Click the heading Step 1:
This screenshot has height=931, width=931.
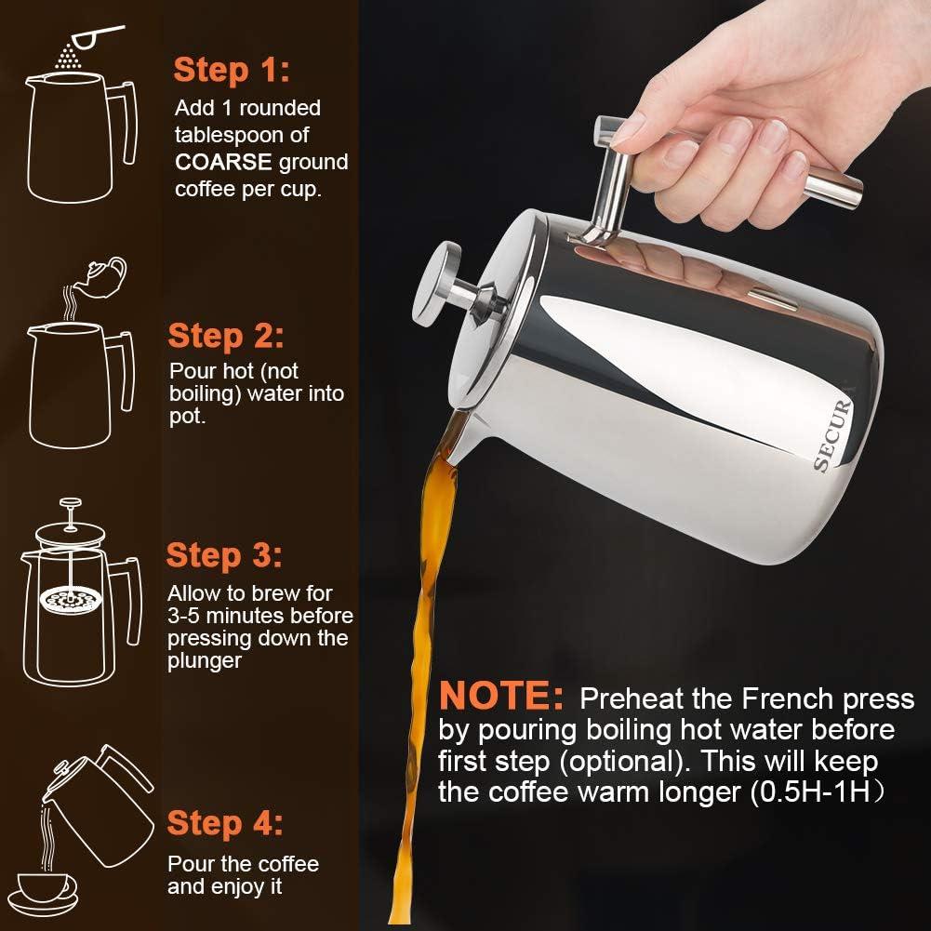pyautogui.click(x=232, y=70)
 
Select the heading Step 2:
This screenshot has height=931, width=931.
pyautogui.click(x=226, y=336)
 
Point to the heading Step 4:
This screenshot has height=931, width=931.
pyautogui.click(x=225, y=823)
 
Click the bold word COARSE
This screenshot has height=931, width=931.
pyautogui.click(x=223, y=163)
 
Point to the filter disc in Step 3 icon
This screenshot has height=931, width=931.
pyautogui.click(x=66, y=600)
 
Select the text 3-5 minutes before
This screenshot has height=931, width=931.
pyautogui.click(x=259, y=615)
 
